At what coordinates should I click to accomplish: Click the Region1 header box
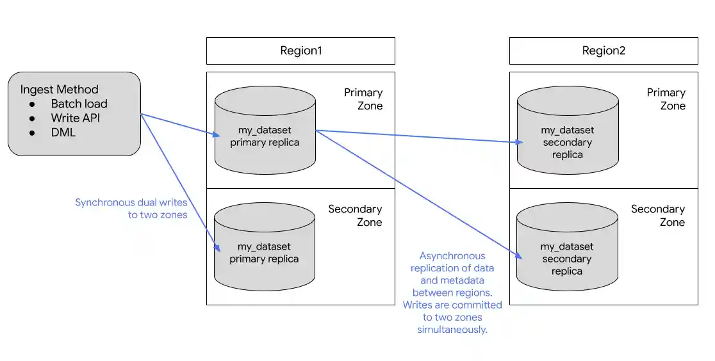300,51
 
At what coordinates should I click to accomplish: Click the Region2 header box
603,51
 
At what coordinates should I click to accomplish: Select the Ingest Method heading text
60,90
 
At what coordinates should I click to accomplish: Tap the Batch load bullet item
79,104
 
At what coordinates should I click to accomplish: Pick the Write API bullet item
76,118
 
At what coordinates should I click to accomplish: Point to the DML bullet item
63,132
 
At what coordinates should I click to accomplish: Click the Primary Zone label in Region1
363,99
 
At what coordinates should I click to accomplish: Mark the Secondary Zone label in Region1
355,216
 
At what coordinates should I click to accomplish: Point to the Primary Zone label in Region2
666,99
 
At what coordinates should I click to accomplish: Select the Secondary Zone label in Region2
658,216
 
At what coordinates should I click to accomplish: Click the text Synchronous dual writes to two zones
131,209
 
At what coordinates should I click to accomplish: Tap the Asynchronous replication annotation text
452,293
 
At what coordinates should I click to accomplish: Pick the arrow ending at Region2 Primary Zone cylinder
416,136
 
